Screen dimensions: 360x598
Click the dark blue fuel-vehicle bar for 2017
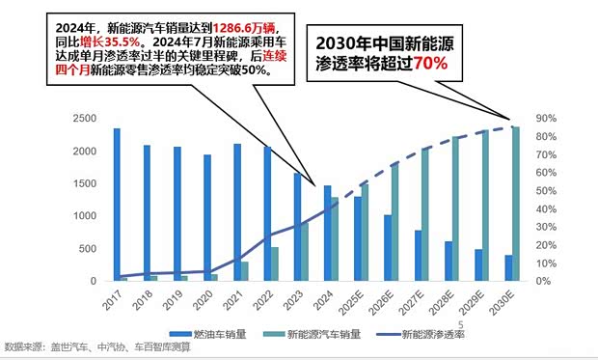[x=117, y=205]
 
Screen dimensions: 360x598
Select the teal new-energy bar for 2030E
[x=516, y=204]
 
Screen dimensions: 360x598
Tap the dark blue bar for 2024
[x=327, y=233]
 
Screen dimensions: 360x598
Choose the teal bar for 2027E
[x=425, y=214]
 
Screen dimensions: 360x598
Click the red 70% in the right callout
[x=432, y=65]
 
